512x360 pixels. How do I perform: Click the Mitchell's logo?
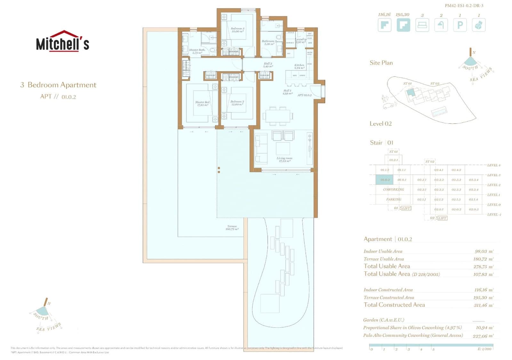pos(62,41)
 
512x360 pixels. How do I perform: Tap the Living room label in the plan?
pos(284,160)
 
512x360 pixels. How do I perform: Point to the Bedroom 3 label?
pos(237,30)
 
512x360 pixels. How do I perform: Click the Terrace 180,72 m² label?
pos(232,228)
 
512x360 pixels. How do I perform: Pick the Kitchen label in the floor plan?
pos(299,66)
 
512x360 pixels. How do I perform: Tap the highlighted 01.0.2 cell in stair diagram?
pos(384,180)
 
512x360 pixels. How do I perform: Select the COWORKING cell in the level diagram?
pos(393,190)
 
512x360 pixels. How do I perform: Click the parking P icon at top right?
pos(460,25)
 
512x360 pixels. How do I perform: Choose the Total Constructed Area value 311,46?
pos(483,305)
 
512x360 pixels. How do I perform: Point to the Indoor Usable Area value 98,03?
pos(483,252)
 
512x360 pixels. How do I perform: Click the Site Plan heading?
pos(381,63)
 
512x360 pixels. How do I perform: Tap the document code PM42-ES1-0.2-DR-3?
pos(464,5)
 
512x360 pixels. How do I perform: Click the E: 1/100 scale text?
pos(484,349)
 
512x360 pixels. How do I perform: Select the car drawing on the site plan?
pos(388,106)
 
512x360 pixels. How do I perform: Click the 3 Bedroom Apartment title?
pos(58,85)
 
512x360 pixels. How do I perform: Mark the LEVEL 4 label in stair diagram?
pos(493,165)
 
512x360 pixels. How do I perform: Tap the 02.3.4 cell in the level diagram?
pos(473,180)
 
